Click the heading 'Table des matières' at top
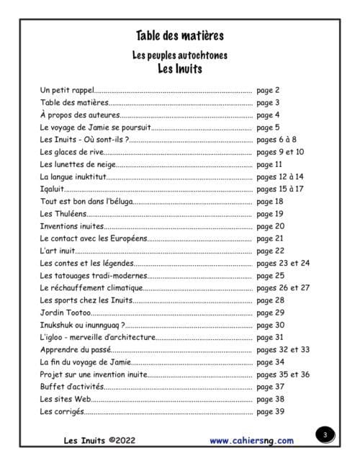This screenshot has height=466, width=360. pyautogui.click(x=179, y=35)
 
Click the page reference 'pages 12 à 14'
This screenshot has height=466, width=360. pyautogui.click(x=280, y=176)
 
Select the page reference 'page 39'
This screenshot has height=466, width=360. pyautogui.click(x=270, y=411)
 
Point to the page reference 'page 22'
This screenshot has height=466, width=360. pyautogui.click(x=270, y=251)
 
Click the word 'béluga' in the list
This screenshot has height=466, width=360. pyautogui.click(x=118, y=201)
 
